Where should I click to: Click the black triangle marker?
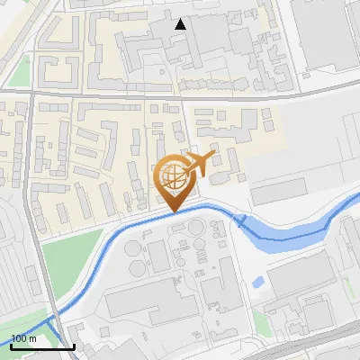[182, 24]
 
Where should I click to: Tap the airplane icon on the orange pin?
[197, 165]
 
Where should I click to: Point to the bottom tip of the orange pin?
[174, 211]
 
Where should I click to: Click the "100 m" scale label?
[23, 338]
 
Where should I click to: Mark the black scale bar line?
[41, 346]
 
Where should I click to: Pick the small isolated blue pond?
[259, 282]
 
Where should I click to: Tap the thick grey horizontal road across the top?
[180, 93]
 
